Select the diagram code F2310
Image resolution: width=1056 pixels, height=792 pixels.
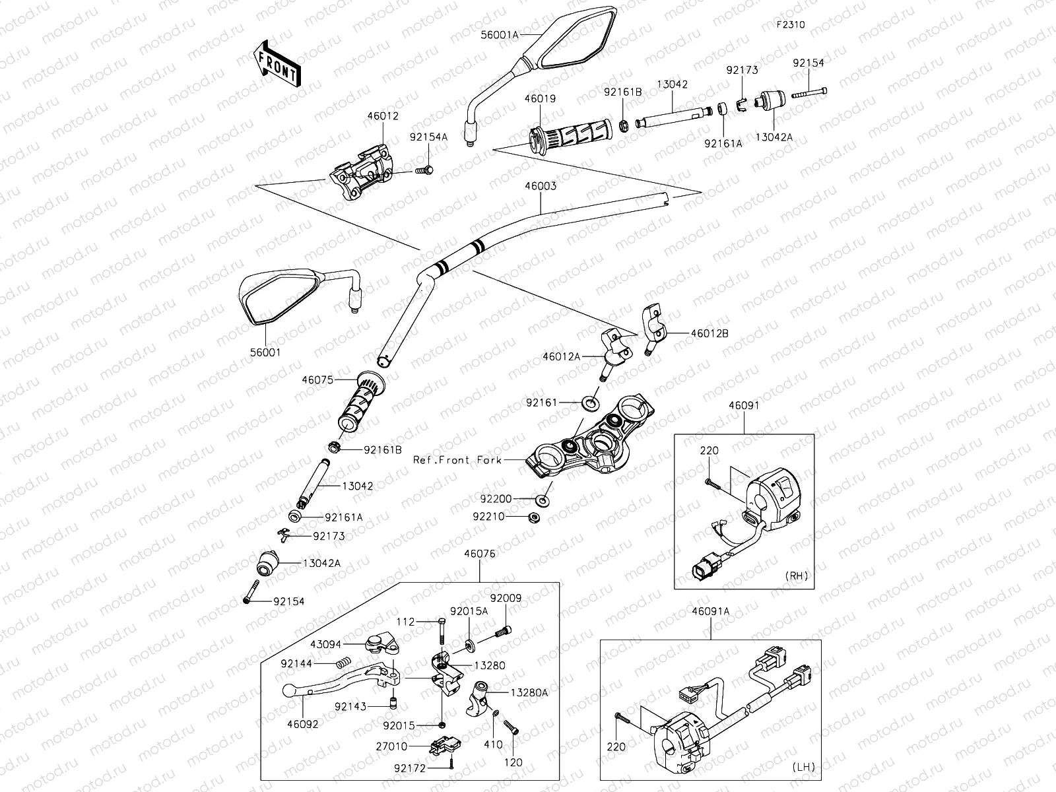click(x=791, y=25)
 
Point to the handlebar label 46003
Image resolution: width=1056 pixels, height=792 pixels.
click(x=541, y=186)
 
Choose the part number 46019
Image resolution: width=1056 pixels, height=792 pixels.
click(x=540, y=99)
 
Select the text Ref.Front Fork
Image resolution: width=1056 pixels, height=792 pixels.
click(x=457, y=459)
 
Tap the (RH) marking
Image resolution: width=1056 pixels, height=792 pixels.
click(x=797, y=576)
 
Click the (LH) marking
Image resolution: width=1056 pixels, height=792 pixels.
click(x=804, y=767)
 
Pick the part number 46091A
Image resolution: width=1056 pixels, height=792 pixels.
click(x=711, y=611)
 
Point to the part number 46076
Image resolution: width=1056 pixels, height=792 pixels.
click(x=480, y=554)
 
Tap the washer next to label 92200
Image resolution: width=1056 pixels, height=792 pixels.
click(x=544, y=499)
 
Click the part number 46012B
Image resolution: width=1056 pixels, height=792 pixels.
click(x=709, y=333)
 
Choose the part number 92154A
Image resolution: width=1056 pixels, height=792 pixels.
click(x=428, y=137)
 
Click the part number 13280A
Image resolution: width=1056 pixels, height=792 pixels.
click(x=529, y=692)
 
